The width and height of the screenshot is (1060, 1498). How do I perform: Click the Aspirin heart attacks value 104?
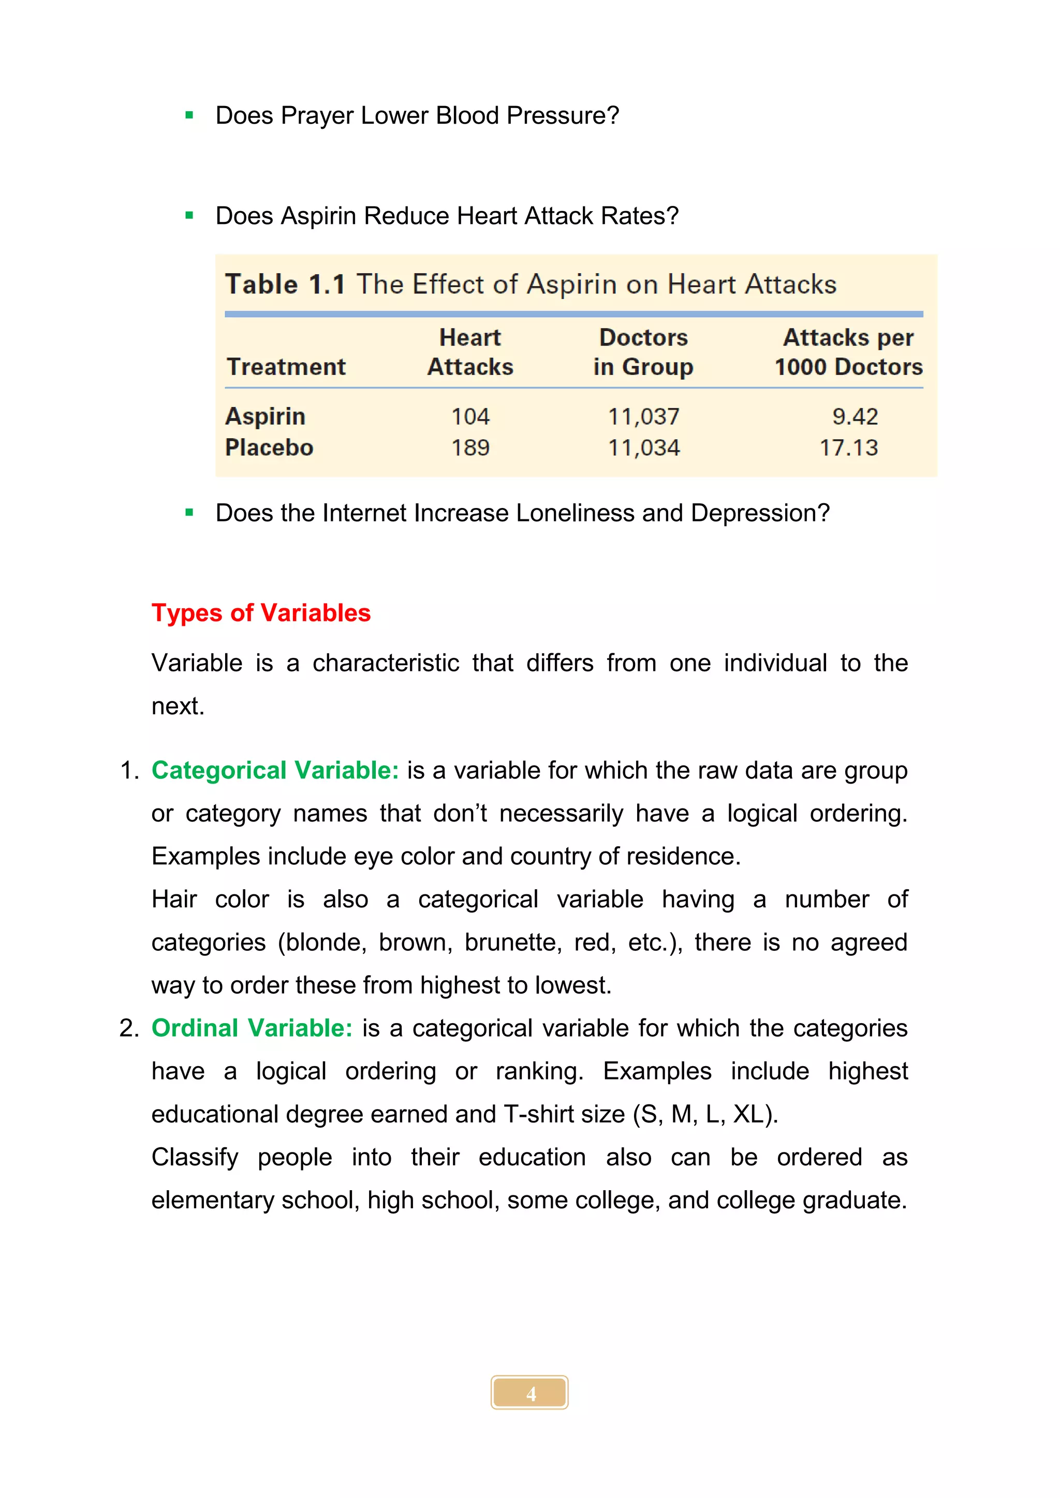[470, 416]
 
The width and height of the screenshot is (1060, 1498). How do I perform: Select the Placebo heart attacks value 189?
[470, 447]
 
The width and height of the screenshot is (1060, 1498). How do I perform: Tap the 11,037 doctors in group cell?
[643, 416]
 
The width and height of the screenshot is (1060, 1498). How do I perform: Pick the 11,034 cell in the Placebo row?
[643, 447]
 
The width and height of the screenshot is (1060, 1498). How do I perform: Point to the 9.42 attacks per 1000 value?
[855, 416]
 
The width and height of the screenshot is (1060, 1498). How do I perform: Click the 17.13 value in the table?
[848, 447]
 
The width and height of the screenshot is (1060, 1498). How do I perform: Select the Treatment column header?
[286, 367]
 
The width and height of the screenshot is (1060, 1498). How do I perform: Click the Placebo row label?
[269, 447]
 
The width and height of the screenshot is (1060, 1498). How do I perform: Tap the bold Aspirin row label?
[265, 416]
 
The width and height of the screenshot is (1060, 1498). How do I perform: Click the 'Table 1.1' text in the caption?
[285, 284]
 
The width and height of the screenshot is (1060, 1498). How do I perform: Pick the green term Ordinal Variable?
[252, 1028]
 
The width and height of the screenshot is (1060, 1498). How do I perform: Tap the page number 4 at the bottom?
[530, 1393]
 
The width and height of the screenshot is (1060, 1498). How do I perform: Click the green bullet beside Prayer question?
[189, 115]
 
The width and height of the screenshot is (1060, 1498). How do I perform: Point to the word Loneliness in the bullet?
[575, 513]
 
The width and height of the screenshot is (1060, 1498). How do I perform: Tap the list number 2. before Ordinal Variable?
[128, 1028]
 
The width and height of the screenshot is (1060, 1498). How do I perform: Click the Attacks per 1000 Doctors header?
[848, 352]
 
